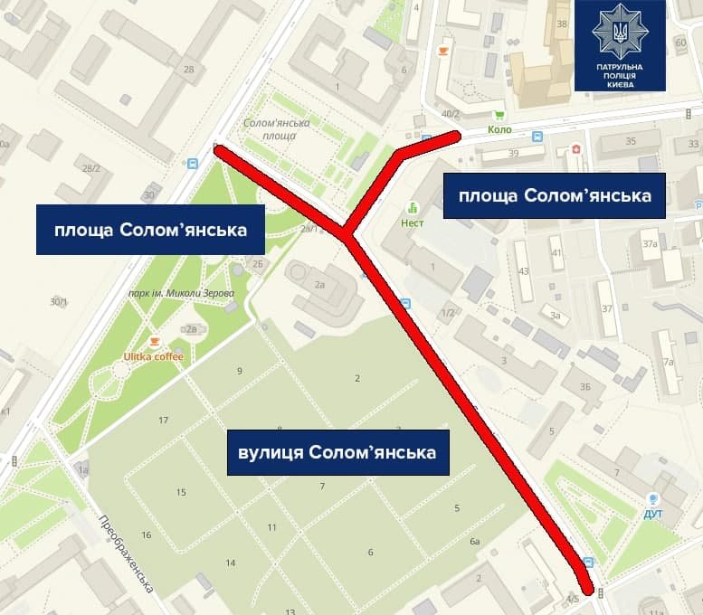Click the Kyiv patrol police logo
point(620,45)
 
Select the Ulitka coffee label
point(154,356)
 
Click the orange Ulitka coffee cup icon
point(154,342)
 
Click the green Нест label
point(413,222)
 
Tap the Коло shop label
point(499,129)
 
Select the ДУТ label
point(653,514)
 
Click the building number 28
point(188,70)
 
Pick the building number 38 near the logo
point(562,24)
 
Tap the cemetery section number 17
point(163,421)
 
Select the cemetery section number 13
point(290,612)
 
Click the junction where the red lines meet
point(347,236)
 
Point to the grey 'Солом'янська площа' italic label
point(277,128)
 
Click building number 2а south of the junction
point(319,284)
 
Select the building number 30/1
point(59,301)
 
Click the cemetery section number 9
point(240,371)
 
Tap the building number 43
point(522,271)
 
